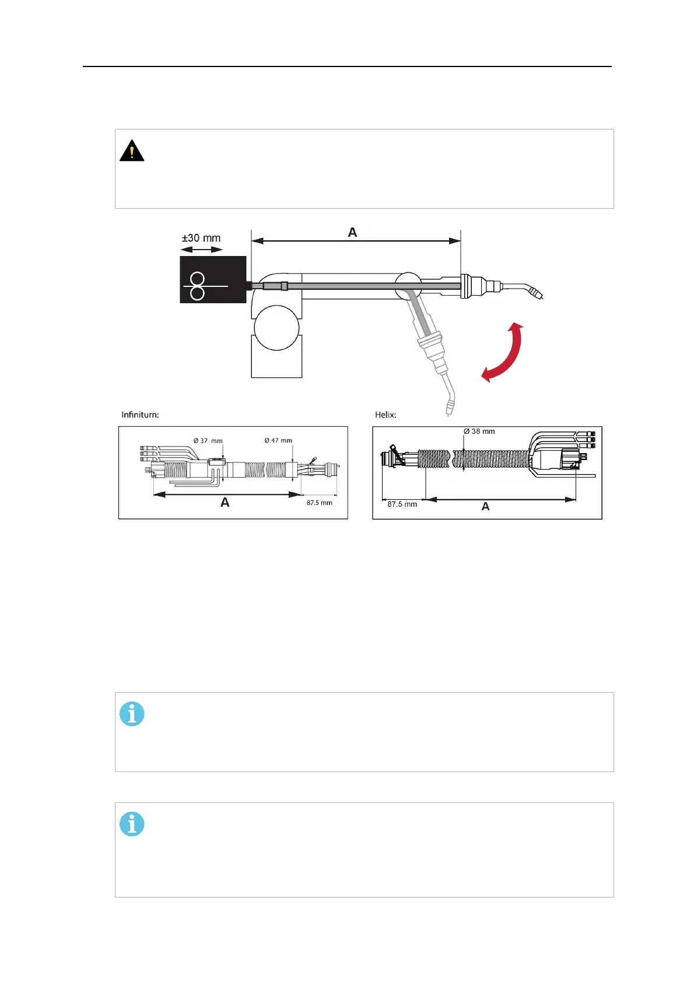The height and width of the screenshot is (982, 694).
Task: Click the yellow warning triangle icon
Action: [132, 150]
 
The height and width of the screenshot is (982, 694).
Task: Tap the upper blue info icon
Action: [132, 714]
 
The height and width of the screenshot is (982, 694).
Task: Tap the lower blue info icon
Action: [132, 824]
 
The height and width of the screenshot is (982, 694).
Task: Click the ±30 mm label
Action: [201, 238]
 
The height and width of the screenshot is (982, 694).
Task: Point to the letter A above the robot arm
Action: [352, 232]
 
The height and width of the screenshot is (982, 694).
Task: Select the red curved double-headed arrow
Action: [503, 352]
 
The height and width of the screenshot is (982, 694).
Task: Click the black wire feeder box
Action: [213, 279]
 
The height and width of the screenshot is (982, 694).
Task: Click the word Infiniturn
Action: [140, 415]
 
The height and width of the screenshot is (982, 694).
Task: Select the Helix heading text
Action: [385, 415]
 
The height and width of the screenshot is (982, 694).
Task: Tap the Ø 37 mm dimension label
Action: [208, 441]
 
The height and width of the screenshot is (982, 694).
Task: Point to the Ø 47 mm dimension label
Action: [278, 440]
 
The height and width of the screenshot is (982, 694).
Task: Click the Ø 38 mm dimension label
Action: [479, 432]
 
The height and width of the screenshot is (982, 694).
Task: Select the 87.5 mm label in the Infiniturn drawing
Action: [320, 503]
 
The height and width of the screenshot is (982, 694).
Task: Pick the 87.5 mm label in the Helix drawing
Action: [402, 504]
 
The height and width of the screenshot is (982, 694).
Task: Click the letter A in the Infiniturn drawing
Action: [225, 503]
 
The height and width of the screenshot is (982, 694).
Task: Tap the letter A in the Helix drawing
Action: [485, 507]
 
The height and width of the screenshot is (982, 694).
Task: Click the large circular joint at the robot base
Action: [276, 329]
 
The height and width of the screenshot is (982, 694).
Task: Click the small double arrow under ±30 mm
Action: [201, 250]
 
